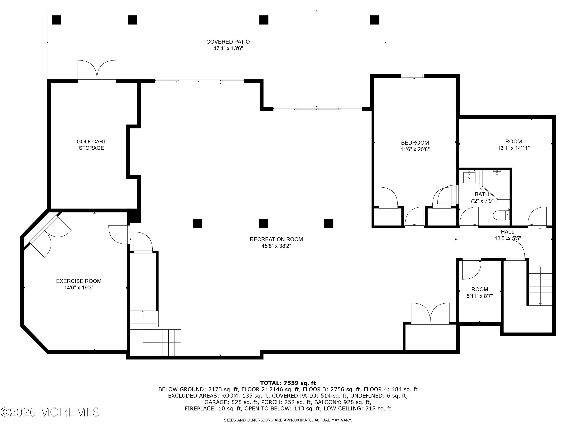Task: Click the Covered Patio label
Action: pyautogui.click(x=228, y=42)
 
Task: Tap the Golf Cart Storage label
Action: pyautogui.click(x=91, y=145)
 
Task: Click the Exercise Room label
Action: pyautogui.click(x=79, y=281)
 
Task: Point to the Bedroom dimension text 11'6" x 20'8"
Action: pyautogui.click(x=415, y=149)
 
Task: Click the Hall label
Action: pyautogui.click(x=507, y=232)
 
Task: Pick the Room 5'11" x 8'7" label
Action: pyautogui.click(x=480, y=290)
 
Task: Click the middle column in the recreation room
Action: pyautogui.click(x=263, y=223)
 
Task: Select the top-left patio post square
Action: pyautogui.click(x=56, y=20)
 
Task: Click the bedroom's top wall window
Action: pyautogui.click(x=413, y=76)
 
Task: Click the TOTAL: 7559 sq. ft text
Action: pyautogui.click(x=288, y=383)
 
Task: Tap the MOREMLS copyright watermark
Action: pyautogui.click(x=50, y=412)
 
